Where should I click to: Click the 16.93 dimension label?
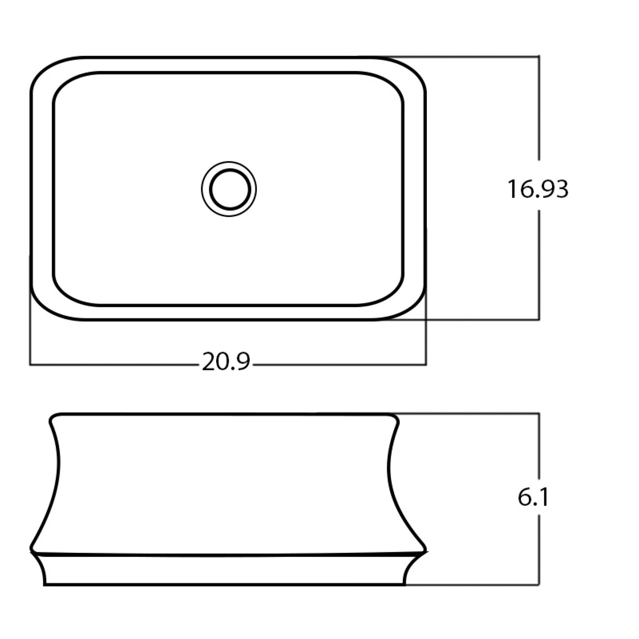pos(537,189)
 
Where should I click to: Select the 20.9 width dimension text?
pos(226,362)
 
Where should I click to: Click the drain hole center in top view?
pos(229,189)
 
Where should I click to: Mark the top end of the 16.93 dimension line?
pos(539,57)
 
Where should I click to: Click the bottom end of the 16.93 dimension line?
pos(539,319)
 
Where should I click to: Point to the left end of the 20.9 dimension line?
pos(30,365)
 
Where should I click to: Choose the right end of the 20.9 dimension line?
pos(426,365)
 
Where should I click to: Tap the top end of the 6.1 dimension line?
pos(539,413)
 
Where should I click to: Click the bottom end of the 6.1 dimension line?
pos(539,585)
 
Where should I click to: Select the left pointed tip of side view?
pos(31,551)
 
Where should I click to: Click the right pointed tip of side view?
pos(427,551)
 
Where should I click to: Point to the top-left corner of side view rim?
pos(52,417)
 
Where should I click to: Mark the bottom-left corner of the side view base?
pos(45,585)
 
